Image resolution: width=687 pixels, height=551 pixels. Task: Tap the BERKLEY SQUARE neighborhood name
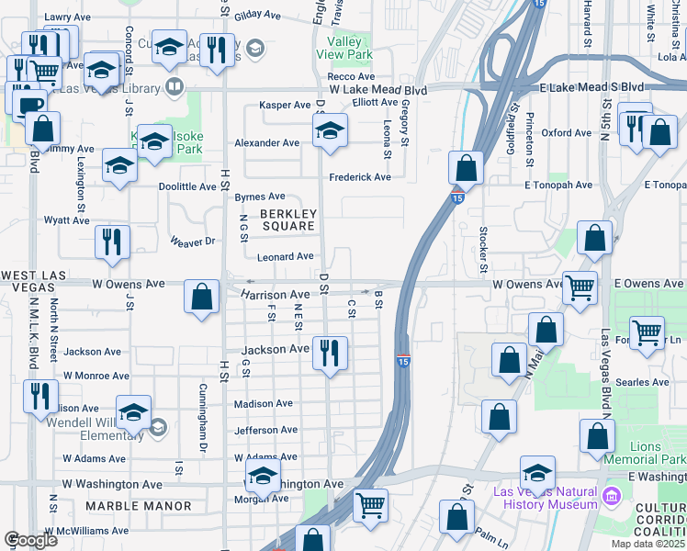coord(287,219)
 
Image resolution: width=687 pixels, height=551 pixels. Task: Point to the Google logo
coord(30,539)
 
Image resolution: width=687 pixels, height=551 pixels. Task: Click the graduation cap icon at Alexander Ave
coord(330,131)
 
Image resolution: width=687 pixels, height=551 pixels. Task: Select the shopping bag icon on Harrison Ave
coord(201,297)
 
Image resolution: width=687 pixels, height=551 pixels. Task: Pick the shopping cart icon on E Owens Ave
coord(579,287)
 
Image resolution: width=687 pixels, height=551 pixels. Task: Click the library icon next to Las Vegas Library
coord(174,88)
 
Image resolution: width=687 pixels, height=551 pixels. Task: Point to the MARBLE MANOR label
coord(138,506)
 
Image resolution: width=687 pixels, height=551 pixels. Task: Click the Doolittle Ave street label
coord(187,186)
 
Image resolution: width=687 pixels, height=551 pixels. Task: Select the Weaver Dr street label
coord(192,242)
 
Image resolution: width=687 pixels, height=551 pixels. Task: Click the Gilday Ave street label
coord(257,16)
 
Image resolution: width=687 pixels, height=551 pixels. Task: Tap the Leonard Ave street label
coord(286,257)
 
